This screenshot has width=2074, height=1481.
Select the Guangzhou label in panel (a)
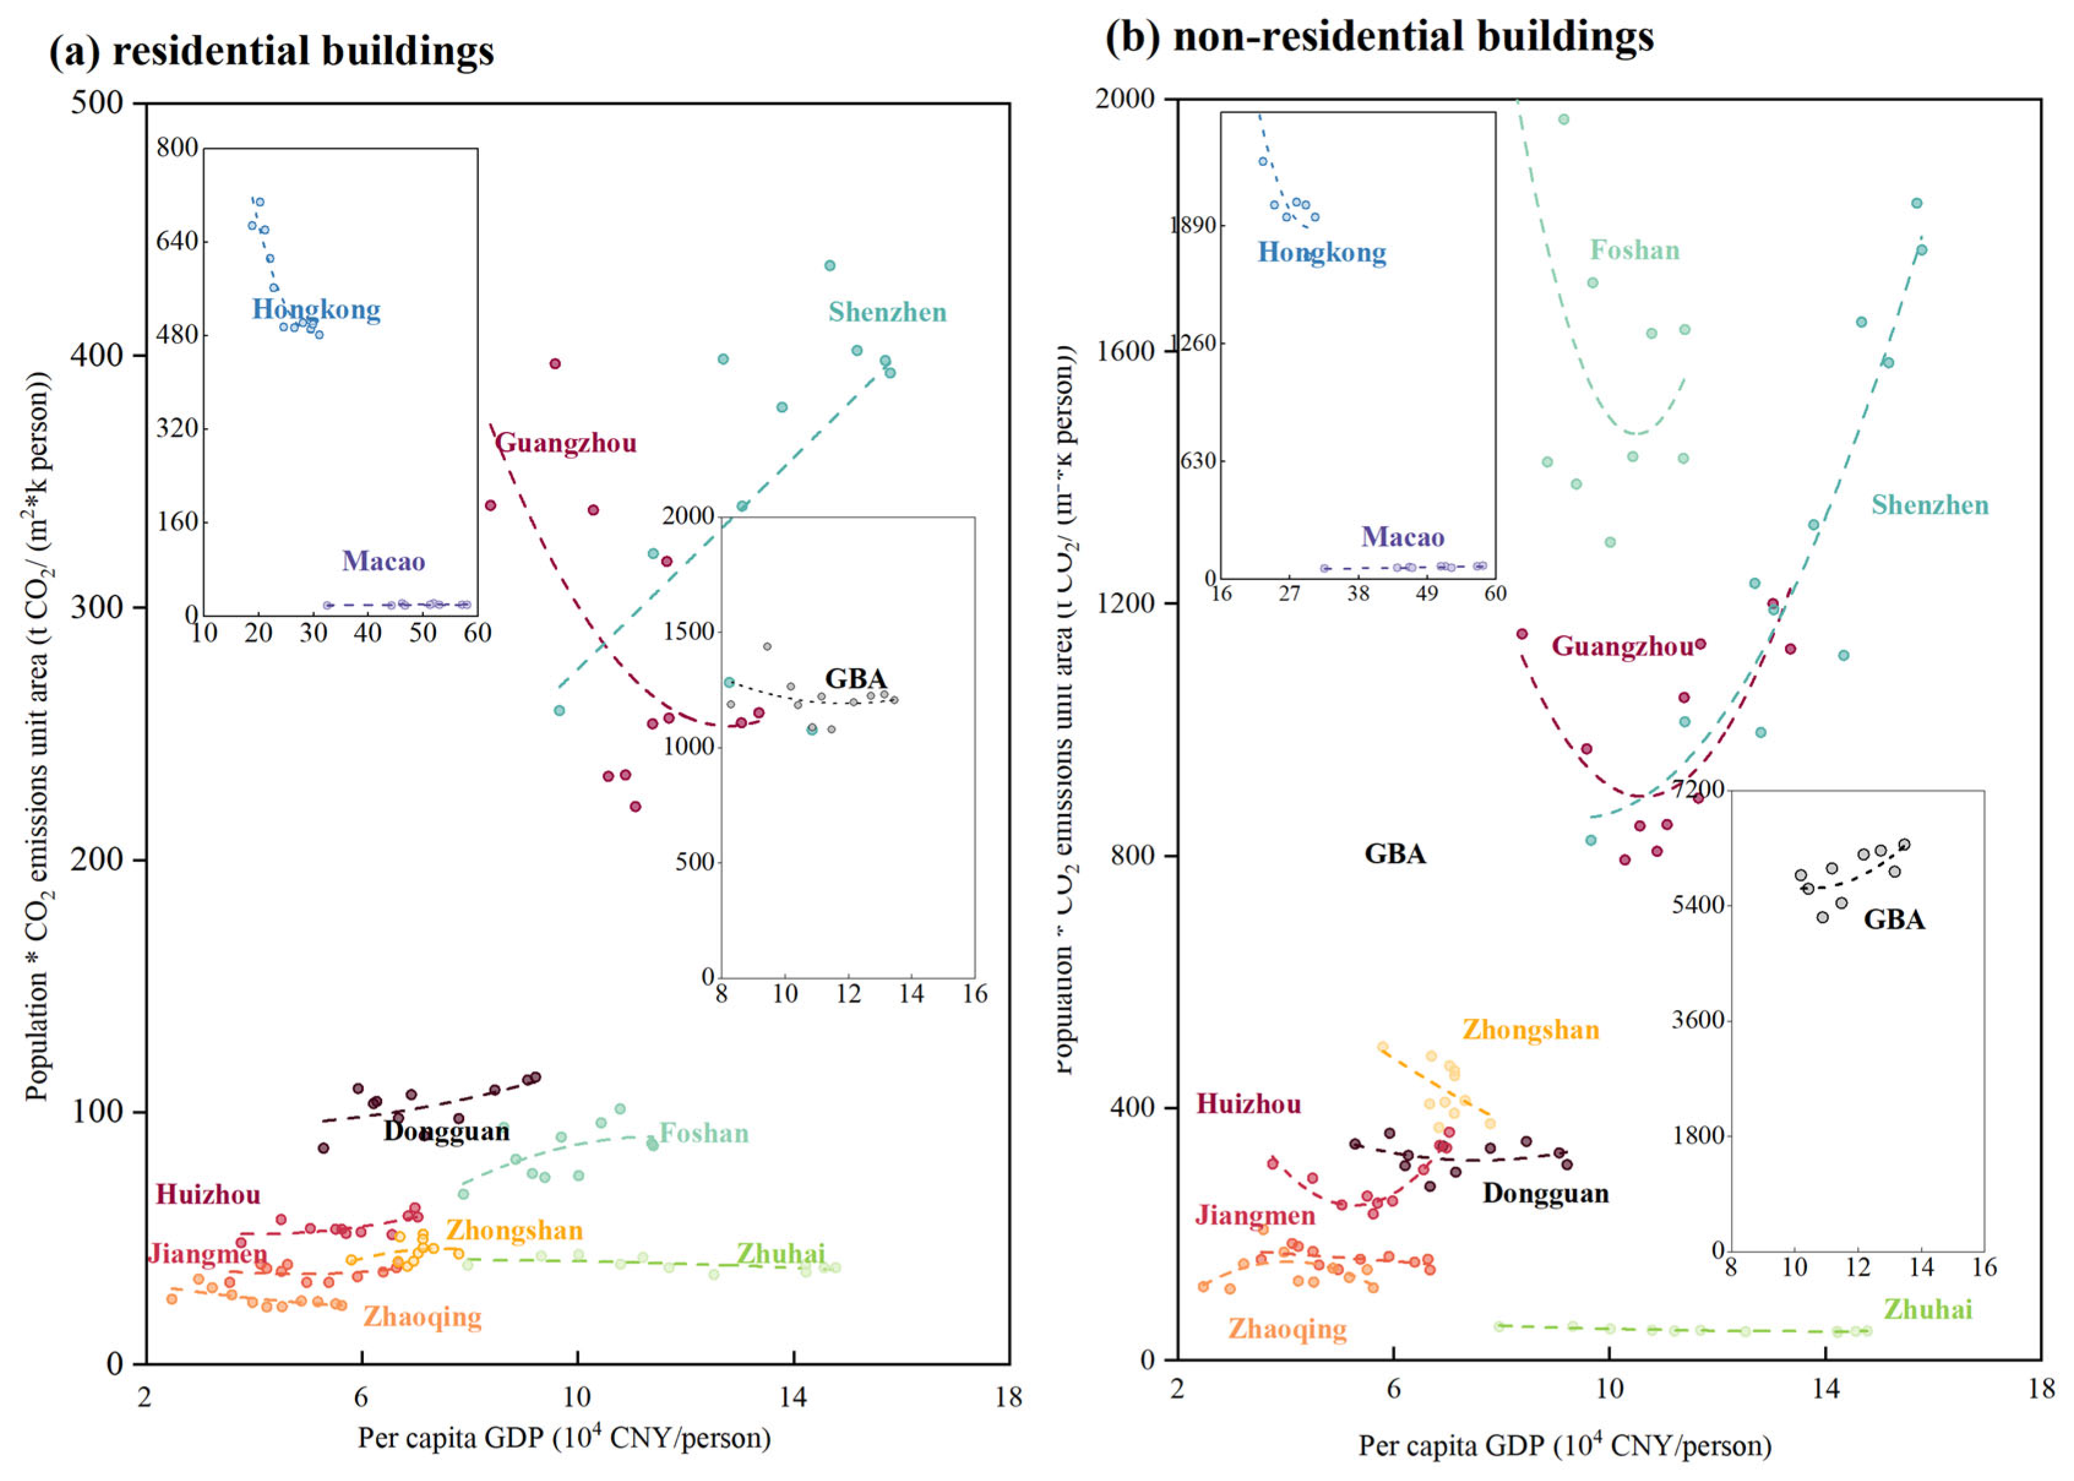(x=565, y=444)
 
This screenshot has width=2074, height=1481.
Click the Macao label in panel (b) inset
(x=1402, y=537)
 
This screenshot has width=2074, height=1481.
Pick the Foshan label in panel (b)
(x=1634, y=251)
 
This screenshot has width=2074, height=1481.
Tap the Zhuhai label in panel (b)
(x=1927, y=1311)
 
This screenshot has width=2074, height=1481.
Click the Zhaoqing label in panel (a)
(x=422, y=1317)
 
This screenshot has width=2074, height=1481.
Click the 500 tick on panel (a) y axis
(x=97, y=102)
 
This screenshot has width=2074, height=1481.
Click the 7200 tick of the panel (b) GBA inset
(x=1697, y=789)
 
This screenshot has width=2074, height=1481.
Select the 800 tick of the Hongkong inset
(x=177, y=148)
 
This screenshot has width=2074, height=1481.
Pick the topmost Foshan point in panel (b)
(x=1563, y=119)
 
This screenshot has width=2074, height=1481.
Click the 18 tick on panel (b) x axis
(x=2040, y=1389)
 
